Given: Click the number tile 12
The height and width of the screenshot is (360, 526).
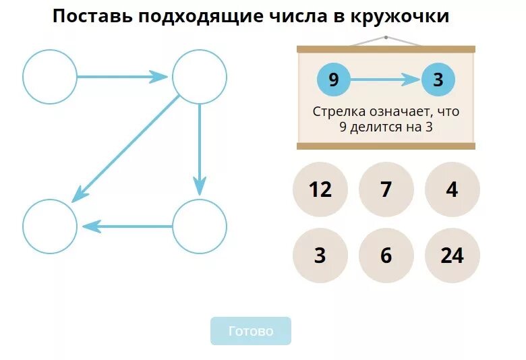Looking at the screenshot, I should [x=320, y=189].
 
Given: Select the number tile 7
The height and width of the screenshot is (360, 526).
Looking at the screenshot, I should [x=386, y=189].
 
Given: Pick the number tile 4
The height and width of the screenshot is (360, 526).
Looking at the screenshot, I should [x=452, y=189].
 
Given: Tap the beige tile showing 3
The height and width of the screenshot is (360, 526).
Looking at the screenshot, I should [x=320, y=256].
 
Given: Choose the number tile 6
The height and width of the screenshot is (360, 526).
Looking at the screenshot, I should [x=386, y=256].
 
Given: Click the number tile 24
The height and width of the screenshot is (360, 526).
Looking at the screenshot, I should [x=452, y=256].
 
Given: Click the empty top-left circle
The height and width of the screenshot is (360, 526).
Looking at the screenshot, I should [x=50, y=77].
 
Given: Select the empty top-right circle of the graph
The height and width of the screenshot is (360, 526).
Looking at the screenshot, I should [x=200, y=77].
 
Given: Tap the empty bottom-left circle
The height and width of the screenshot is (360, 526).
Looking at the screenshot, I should [x=50, y=227].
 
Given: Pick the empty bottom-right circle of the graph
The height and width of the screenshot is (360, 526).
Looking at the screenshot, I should [x=200, y=227].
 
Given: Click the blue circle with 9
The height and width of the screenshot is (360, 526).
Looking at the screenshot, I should [x=334, y=80].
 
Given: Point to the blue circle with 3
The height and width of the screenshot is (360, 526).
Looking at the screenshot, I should [x=438, y=80].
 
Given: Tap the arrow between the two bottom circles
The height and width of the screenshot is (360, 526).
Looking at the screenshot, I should [x=127, y=227].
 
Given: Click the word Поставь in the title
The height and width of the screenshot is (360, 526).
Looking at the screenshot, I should [x=92, y=17].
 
